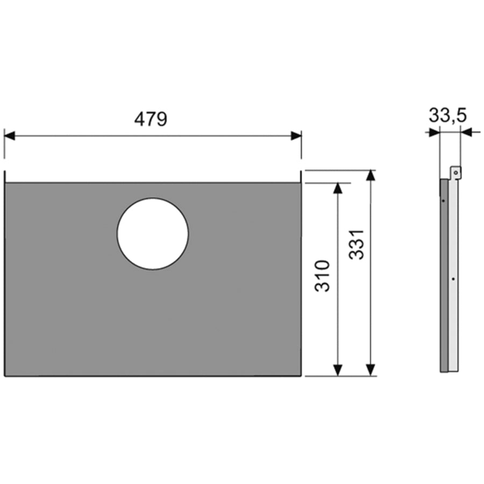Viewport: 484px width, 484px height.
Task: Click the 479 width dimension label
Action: point(151,119)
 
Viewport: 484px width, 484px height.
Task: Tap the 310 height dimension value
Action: point(322,276)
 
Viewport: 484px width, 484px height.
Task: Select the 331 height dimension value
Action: point(357,245)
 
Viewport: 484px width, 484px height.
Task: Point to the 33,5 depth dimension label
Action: point(447,116)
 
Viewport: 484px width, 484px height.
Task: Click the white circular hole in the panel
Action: point(153,234)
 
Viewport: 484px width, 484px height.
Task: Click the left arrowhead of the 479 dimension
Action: point(10,136)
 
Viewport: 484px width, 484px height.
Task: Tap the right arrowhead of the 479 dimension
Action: point(296,136)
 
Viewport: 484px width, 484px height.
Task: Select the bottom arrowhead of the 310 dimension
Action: point(338,370)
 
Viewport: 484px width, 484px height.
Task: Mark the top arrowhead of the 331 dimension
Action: point(371,175)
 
